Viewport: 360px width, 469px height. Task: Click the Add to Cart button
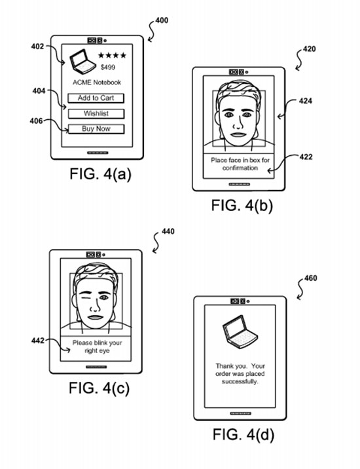[x=96, y=98]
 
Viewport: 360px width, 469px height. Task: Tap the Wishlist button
[x=96, y=114]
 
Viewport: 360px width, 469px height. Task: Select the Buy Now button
[x=96, y=129]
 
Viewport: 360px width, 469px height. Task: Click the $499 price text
[x=108, y=67]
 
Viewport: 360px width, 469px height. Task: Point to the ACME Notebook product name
[x=97, y=83]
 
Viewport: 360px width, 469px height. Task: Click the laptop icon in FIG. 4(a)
[x=82, y=62]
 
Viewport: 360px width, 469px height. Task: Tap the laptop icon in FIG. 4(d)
[x=240, y=332]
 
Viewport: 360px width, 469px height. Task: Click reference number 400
[x=162, y=21]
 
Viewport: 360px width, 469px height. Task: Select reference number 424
[x=306, y=101]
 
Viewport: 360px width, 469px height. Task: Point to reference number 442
[x=38, y=341]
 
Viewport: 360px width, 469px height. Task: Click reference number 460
[x=311, y=278]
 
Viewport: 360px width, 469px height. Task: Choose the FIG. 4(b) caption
[x=242, y=206]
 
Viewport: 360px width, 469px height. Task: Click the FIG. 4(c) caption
[x=99, y=388]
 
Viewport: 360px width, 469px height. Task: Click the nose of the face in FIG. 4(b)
[x=238, y=122]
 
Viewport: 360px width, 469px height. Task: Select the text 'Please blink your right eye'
[x=97, y=347]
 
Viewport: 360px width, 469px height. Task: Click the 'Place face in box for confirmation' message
[x=240, y=164]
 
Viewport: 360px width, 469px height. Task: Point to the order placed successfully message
[x=240, y=373]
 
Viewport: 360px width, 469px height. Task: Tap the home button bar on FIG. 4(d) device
[x=241, y=413]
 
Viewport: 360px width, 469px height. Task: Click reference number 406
[x=36, y=121]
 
